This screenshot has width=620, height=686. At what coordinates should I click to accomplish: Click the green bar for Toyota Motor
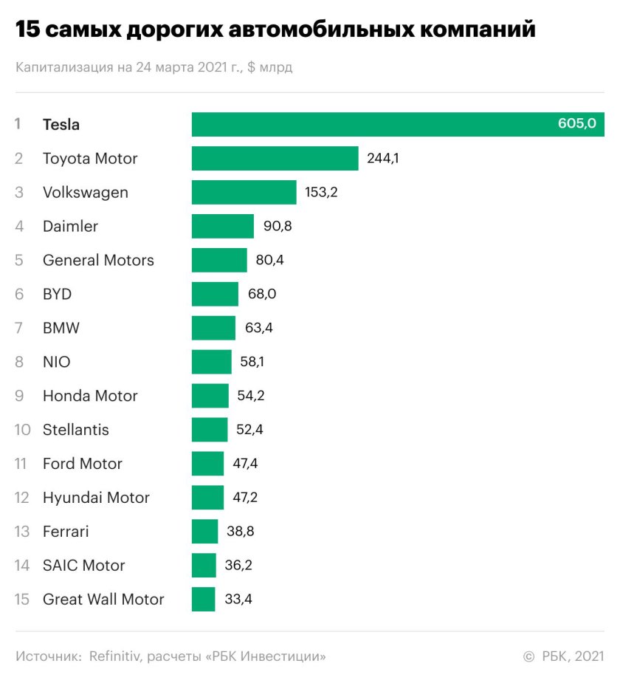[275, 158]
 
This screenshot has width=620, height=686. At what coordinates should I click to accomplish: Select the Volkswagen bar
[244, 192]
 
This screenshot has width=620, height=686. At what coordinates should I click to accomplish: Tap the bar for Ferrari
[204, 531]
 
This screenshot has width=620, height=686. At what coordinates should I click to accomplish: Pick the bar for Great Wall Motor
[203, 599]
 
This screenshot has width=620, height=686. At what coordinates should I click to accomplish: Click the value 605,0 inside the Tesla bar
[576, 124]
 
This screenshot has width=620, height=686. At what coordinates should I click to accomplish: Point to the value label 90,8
[278, 226]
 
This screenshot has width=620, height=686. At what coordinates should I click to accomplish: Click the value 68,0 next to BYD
[262, 294]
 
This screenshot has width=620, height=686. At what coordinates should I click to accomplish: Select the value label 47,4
[247, 464]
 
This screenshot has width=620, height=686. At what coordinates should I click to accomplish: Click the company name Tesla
[61, 124]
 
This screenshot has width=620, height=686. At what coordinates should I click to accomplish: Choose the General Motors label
[98, 260]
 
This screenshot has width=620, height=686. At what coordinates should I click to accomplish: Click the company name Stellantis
[76, 429]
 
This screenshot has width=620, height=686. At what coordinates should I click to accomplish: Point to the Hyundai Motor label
[96, 498]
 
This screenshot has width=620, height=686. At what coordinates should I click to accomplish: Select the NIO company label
[57, 362]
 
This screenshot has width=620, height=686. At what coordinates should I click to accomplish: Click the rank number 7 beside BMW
[19, 328]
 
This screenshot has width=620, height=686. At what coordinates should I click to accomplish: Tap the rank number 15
[21, 599]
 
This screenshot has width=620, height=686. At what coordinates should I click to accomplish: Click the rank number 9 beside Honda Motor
[19, 396]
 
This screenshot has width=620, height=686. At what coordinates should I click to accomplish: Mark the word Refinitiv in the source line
[116, 656]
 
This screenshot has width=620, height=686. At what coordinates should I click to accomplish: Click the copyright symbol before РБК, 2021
[528, 656]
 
